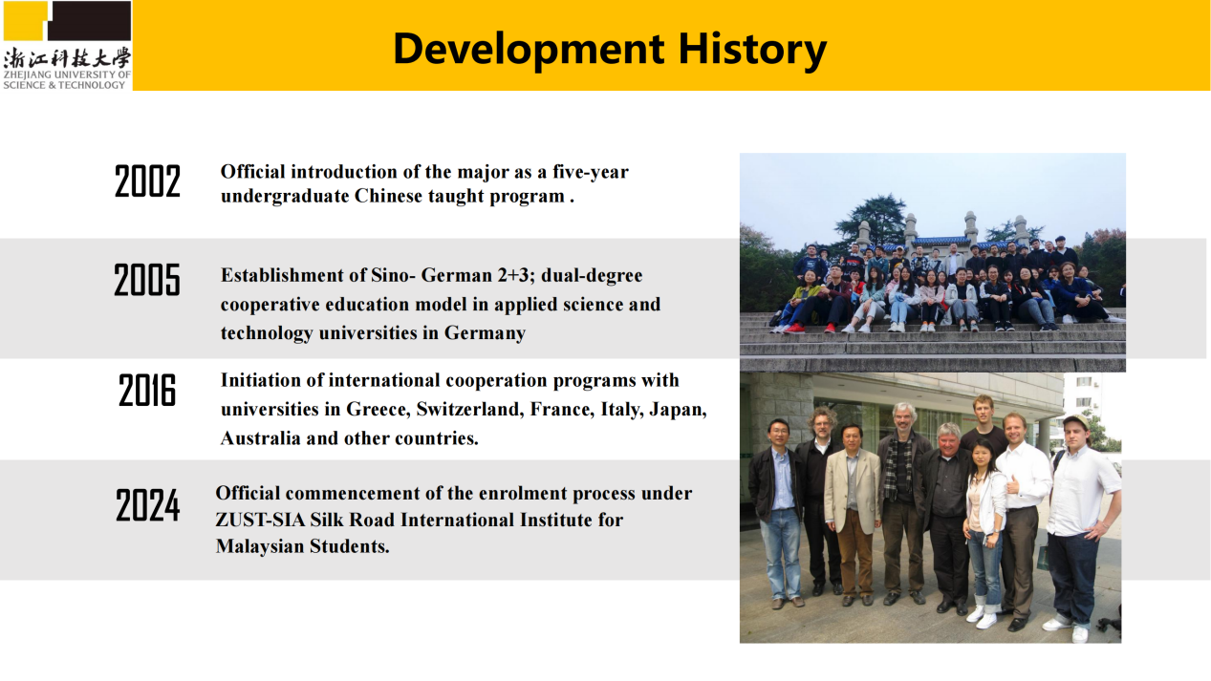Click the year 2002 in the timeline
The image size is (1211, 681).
147,181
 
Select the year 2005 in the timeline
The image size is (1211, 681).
147,280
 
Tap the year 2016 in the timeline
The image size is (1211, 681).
147,390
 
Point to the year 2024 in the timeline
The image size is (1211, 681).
147,505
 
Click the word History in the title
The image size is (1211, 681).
752,50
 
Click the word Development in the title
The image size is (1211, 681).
529,50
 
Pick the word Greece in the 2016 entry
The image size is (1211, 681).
378,410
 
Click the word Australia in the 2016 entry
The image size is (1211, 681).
260,438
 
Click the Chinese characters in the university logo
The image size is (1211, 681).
67,58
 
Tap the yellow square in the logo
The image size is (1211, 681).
26,20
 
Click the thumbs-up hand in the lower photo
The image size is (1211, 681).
1012,484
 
